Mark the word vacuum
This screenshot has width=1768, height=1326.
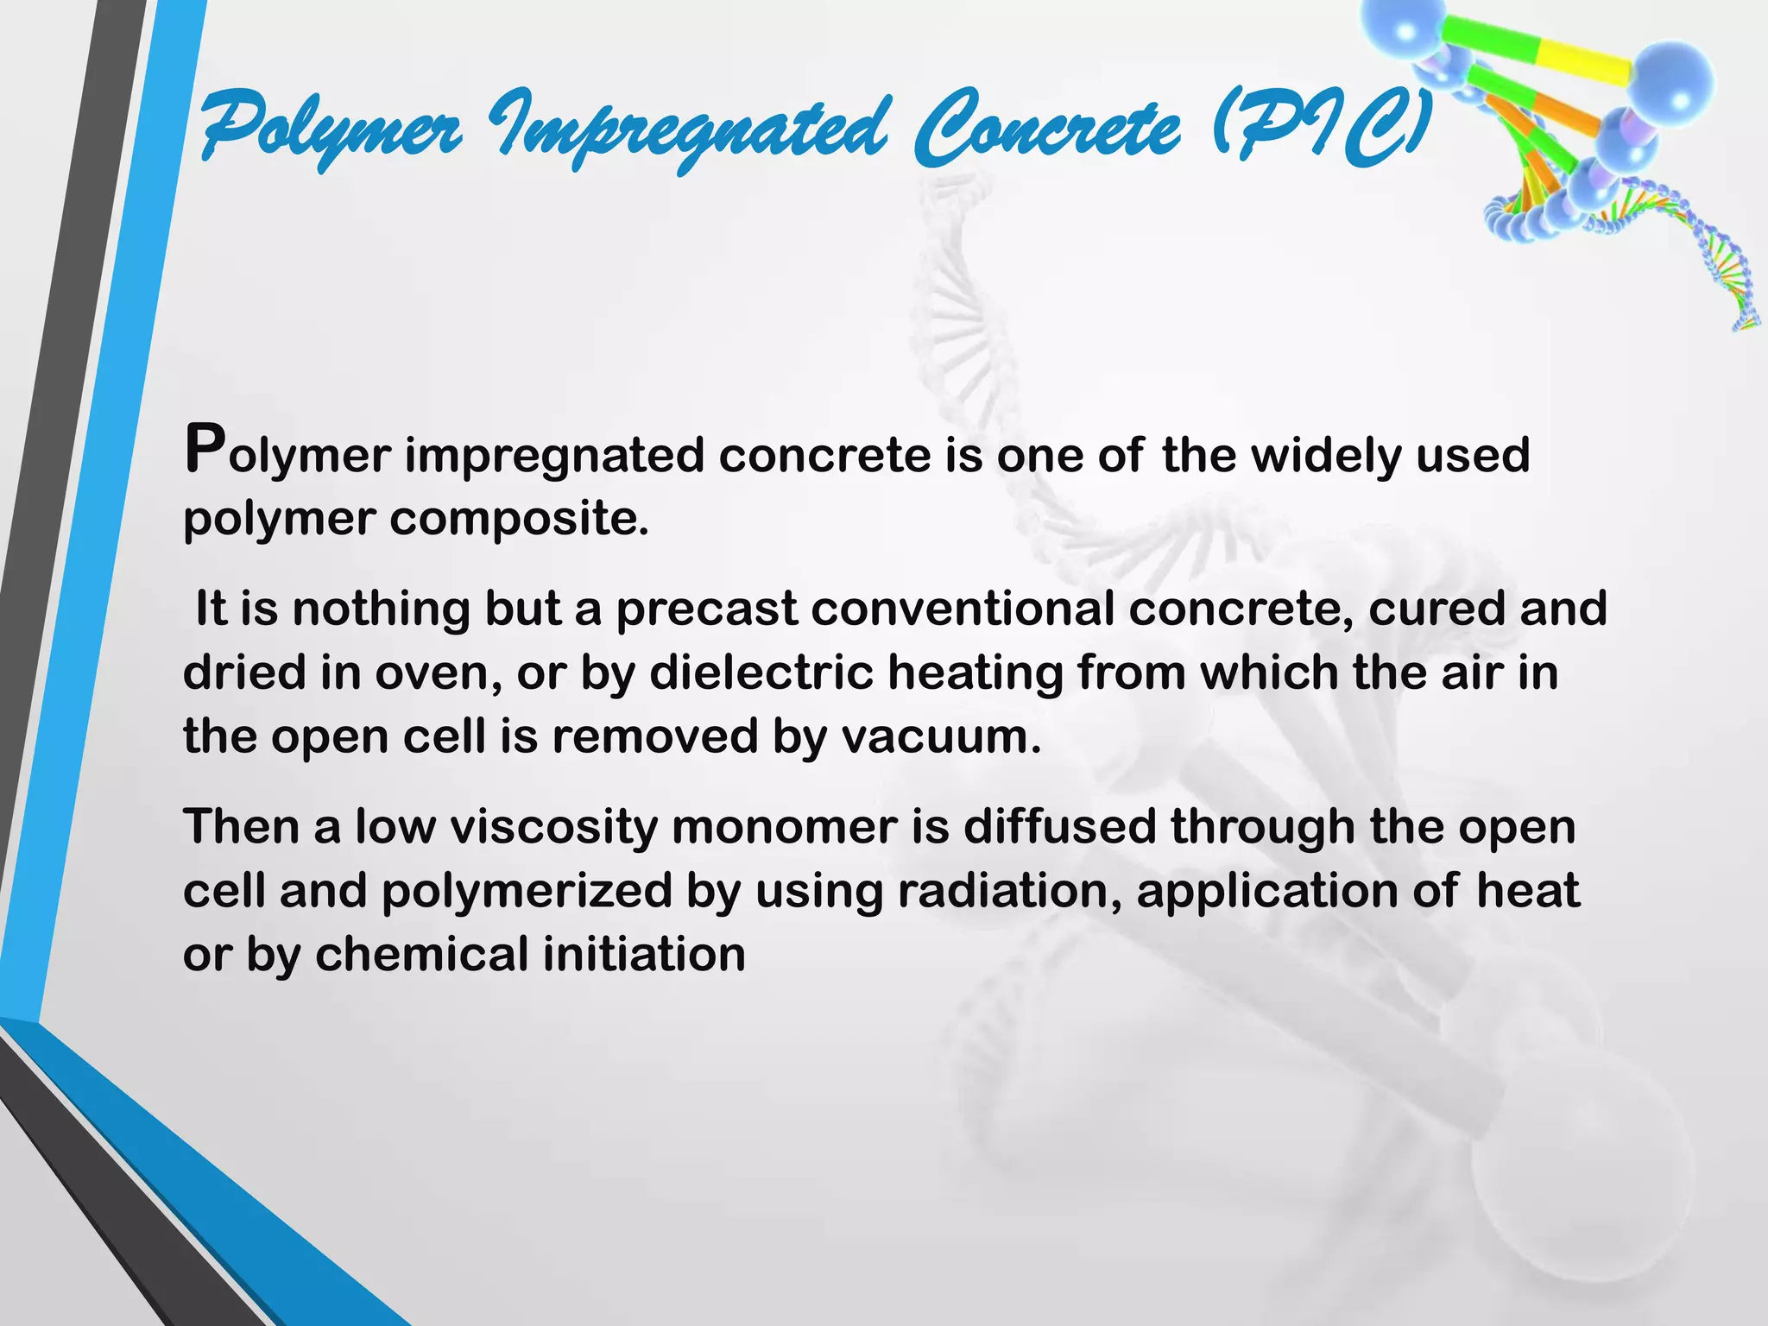tap(941, 737)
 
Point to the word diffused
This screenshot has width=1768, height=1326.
tap(1058, 827)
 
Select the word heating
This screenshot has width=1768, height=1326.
tap(975, 672)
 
